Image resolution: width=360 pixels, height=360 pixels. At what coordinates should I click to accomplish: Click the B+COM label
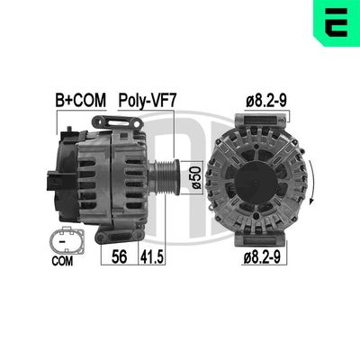pyautogui.click(x=78, y=102)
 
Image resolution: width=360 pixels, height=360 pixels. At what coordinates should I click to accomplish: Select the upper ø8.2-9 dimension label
pyautogui.click(x=265, y=102)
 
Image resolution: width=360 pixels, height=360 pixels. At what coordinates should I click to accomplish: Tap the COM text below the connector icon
pyautogui.click(x=60, y=263)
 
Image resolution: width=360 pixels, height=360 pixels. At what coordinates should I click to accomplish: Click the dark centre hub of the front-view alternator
pyautogui.click(x=256, y=180)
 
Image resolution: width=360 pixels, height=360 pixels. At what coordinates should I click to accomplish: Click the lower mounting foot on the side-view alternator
pyautogui.click(x=107, y=231)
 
